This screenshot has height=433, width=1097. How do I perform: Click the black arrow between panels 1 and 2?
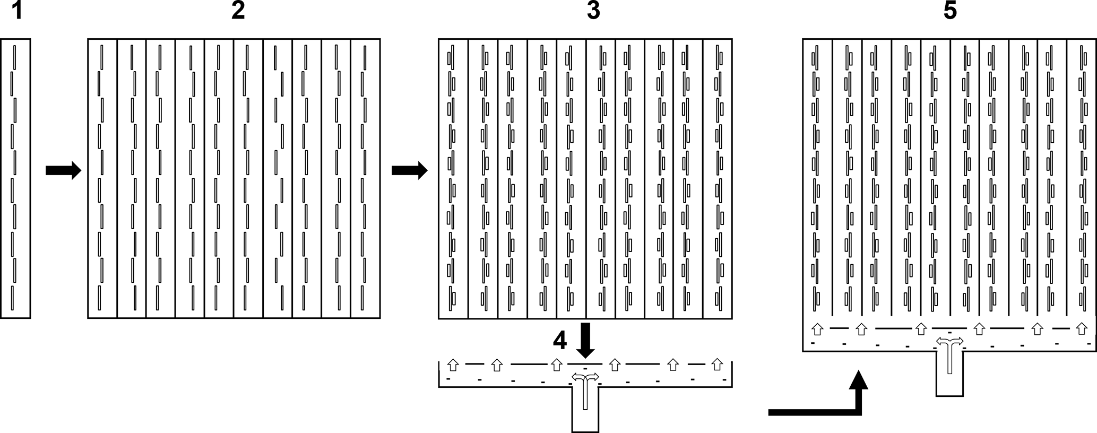coord(63,170)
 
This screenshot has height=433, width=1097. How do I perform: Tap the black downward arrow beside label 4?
coord(586,340)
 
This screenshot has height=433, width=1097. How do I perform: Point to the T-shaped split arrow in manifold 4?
coord(585,385)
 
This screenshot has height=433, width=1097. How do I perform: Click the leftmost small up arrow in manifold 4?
coord(453,365)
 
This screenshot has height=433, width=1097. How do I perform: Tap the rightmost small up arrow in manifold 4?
coord(717,365)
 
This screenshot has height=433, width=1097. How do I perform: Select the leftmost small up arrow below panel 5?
coord(817,330)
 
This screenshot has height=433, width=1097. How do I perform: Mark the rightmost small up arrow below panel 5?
coord(1081,330)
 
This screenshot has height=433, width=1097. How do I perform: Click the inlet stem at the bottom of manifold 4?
coord(585,414)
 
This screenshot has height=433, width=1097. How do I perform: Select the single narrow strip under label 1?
coord(15,178)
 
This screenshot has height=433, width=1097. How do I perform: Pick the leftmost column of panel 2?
coord(102,178)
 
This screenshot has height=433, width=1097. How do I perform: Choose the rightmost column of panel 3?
coord(718,178)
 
